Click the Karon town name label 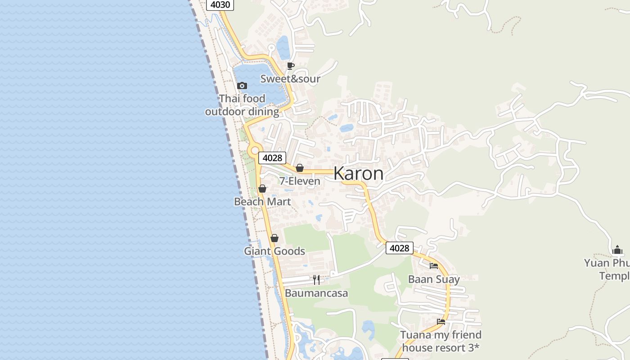point(359,174)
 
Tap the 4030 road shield point(220,5)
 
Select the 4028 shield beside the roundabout point(272,158)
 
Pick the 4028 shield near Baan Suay point(399,248)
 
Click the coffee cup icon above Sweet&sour point(291,66)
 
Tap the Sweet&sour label point(290,79)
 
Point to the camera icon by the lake point(242,85)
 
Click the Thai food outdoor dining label point(242,105)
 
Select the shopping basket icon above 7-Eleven point(300,168)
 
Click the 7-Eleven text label point(300,181)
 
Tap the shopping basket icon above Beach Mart point(262,189)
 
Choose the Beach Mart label point(262,202)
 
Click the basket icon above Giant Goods point(274,238)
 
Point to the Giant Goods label point(274,251)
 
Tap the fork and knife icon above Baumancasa point(316,280)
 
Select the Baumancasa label point(316,293)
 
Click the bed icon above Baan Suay point(434,266)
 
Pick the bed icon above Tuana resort point(441,322)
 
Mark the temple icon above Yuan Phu point(617,250)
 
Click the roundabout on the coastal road point(254,150)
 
